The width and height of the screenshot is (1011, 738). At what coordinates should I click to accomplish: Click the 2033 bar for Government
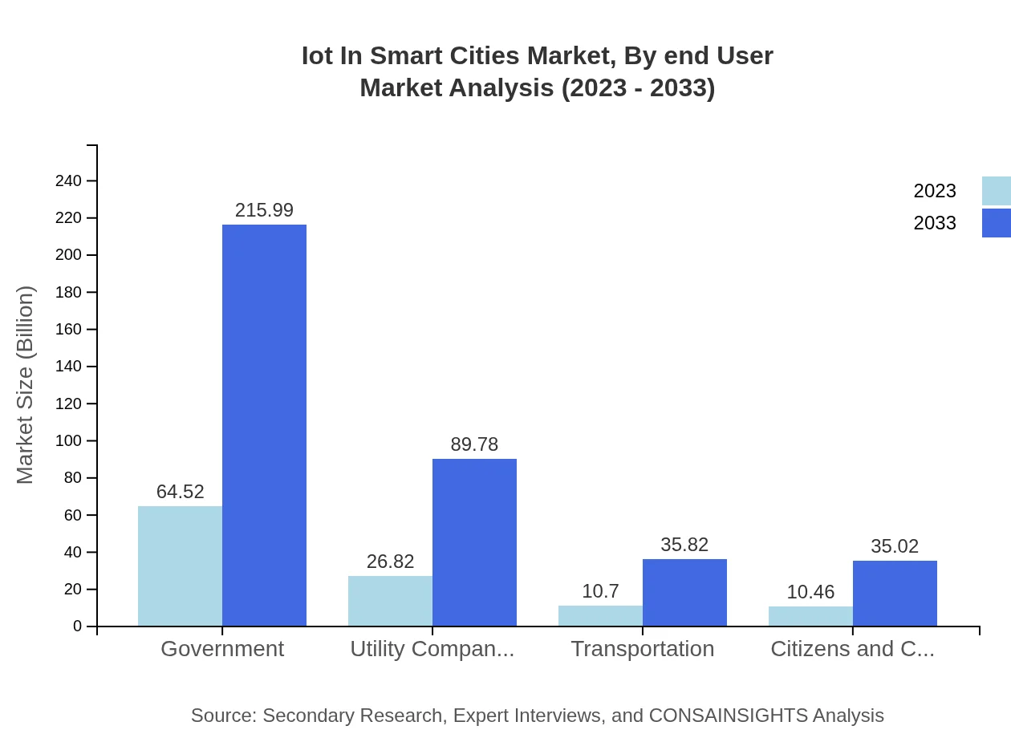coord(264,425)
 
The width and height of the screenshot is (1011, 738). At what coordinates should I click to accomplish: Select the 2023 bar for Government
coord(180,566)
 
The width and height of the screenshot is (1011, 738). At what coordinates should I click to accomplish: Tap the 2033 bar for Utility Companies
coord(474,542)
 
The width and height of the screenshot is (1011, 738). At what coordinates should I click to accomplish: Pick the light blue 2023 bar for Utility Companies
coord(390,601)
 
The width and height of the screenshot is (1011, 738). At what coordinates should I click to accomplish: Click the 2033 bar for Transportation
coord(684,592)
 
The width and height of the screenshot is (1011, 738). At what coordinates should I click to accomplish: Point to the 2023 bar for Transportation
coord(600,616)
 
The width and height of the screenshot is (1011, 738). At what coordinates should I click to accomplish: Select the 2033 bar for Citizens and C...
coord(895,593)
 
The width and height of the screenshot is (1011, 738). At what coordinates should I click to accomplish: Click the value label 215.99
coord(264,210)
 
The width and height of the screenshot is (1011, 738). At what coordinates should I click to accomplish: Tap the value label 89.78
coord(474,444)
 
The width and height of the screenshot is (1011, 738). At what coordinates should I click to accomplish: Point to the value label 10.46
coord(810,592)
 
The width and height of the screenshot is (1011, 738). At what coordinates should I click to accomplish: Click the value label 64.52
coord(180,492)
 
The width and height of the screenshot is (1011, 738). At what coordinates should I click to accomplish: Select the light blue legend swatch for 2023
coord(996,191)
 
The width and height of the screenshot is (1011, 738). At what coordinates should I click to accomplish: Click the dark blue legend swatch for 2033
coord(996,223)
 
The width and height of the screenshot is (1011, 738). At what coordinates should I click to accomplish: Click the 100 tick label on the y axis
coord(69,441)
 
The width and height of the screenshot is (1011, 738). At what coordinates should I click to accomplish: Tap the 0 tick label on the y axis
coord(78,626)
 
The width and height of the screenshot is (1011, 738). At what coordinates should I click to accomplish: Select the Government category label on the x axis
coord(222,649)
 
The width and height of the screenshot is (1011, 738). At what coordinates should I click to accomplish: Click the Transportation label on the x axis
coord(642,649)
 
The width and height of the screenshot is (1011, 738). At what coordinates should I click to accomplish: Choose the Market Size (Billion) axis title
coord(26,385)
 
